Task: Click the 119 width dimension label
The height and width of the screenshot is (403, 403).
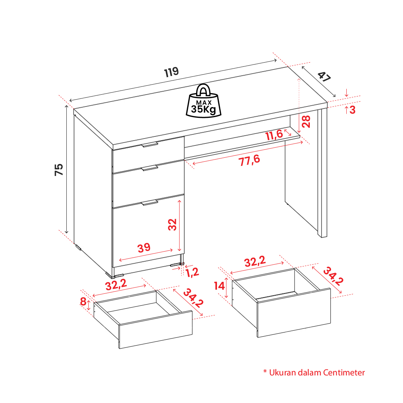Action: pyautogui.click(x=171, y=72)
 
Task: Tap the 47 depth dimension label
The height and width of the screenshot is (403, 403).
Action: pyautogui.click(x=324, y=76)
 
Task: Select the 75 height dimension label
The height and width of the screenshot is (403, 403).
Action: pyautogui.click(x=59, y=170)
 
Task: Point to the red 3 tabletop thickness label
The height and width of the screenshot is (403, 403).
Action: pyautogui.click(x=352, y=110)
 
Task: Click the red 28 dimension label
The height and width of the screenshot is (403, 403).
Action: pyautogui.click(x=306, y=122)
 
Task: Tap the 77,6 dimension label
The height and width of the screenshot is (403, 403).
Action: pyautogui.click(x=249, y=161)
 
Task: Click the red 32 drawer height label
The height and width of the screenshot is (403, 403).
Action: pyautogui.click(x=173, y=224)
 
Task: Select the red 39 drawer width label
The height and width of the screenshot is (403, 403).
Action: pyautogui.click(x=144, y=248)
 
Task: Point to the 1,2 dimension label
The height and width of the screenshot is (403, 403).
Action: pyautogui.click(x=192, y=273)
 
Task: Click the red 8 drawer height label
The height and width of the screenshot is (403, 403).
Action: pyautogui.click(x=83, y=301)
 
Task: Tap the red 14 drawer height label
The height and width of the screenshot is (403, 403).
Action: pyautogui.click(x=220, y=286)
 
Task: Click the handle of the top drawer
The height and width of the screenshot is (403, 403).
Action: pyautogui.click(x=149, y=144)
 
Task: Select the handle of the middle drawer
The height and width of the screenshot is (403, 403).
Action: pyautogui.click(x=149, y=168)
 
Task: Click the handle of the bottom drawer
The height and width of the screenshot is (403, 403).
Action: pyautogui.click(x=149, y=203)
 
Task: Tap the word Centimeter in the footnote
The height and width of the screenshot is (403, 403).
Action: pyautogui.click(x=344, y=373)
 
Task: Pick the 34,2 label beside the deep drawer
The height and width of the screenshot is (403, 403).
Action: pyautogui.click(x=333, y=276)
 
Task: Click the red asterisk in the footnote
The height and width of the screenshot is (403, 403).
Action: pyautogui.click(x=265, y=371)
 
